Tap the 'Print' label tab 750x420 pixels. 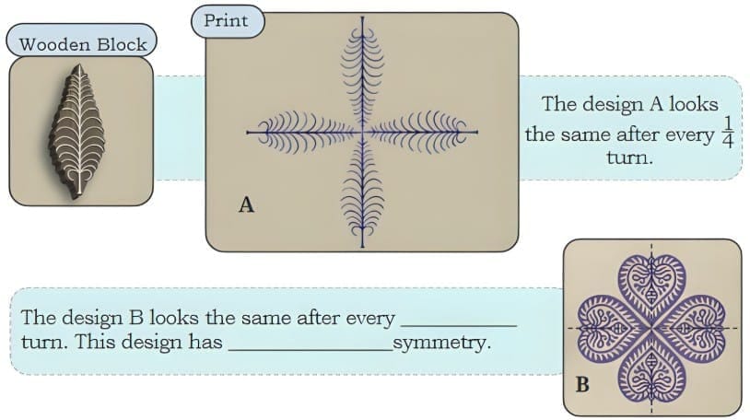pyautogui.click(x=226, y=20)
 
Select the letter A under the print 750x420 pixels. pyautogui.click(x=246, y=205)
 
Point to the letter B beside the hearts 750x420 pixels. pyautogui.click(x=581, y=384)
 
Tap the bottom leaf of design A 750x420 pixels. pyautogui.click(x=360, y=194)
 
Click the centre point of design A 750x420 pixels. pyautogui.click(x=361, y=133)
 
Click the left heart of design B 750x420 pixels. pyautogui.click(x=603, y=328)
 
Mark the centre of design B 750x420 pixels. pyautogui.click(x=650, y=328)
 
